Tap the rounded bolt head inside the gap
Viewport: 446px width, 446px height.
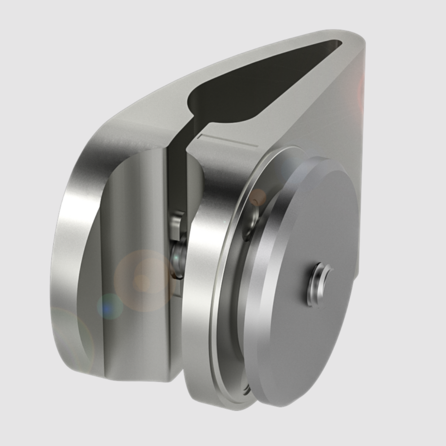178,257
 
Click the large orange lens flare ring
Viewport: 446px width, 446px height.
142,280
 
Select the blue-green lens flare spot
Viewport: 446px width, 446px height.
110,306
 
